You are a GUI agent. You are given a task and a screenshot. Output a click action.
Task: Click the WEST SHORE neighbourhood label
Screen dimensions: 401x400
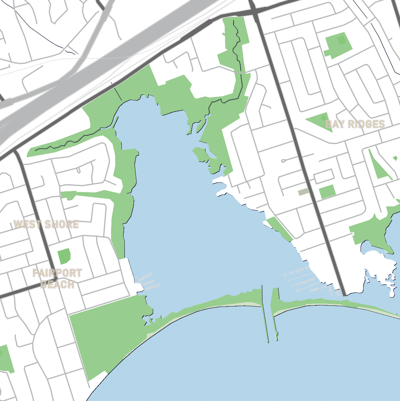click(46, 224)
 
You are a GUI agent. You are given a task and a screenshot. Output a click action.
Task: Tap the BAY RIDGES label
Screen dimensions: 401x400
click(355, 124)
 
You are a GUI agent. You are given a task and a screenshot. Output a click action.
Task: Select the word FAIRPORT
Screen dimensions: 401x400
click(57, 273)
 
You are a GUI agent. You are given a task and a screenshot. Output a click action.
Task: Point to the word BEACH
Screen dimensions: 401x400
click(57, 285)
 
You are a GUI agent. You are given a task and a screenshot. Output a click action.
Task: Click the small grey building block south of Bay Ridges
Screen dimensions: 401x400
click(303, 192)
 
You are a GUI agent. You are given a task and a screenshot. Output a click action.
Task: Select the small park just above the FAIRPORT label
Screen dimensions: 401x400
click(64, 256)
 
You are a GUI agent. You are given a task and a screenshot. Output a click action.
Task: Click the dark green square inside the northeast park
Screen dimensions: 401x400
click(342, 40)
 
